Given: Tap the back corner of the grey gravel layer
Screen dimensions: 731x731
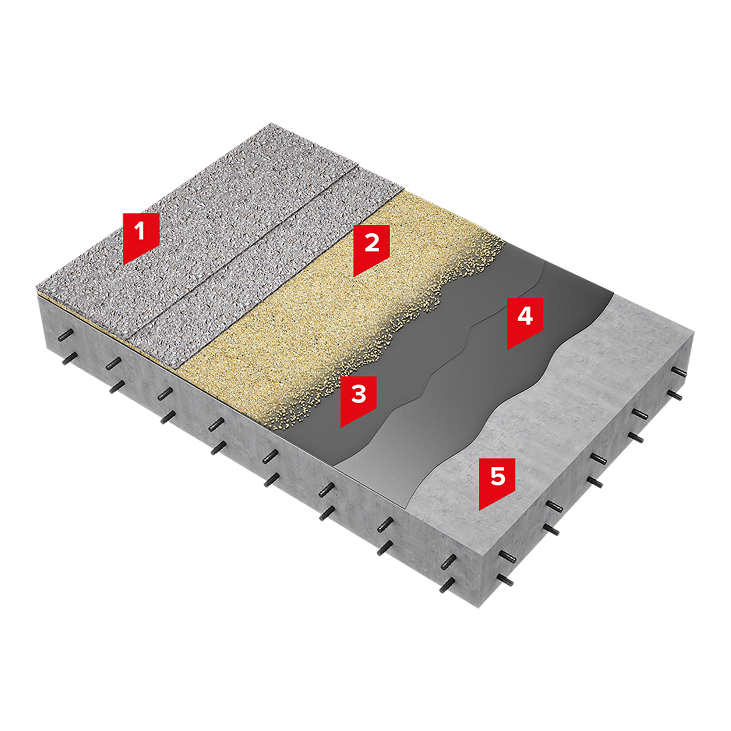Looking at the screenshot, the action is (x=272, y=123).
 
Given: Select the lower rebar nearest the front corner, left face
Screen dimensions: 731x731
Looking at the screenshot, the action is (x=447, y=585).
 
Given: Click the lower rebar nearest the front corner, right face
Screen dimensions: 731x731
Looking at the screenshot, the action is (x=506, y=579).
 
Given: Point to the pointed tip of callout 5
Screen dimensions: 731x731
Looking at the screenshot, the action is (x=480, y=510).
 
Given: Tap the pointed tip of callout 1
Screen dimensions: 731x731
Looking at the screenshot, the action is (x=123, y=265).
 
